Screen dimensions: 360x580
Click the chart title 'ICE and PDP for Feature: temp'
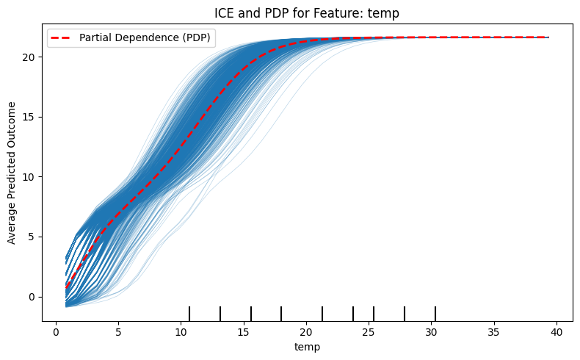tap(308, 12)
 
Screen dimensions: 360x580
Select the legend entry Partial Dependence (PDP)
tap(148, 38)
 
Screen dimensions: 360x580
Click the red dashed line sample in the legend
tap(66, 38)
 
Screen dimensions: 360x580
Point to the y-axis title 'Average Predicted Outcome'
tap(12, 173)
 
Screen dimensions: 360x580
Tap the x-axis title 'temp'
tap(307, 346)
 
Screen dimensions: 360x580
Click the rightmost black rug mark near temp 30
tap(435, 314)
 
